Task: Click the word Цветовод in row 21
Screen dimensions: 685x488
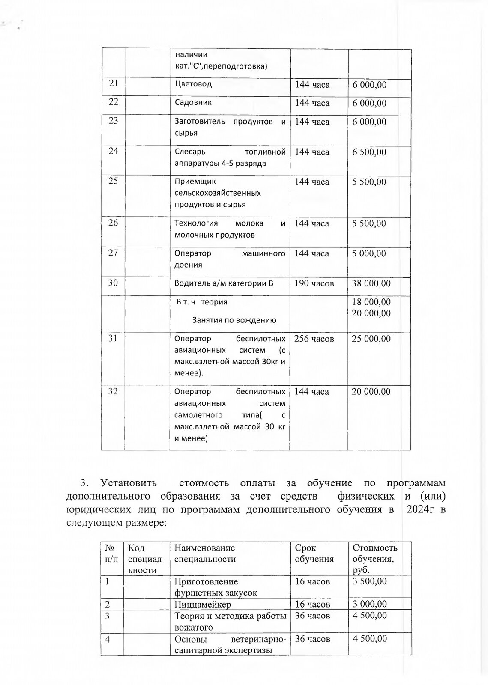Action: point(193,84)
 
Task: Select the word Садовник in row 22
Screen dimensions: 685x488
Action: point(193,103)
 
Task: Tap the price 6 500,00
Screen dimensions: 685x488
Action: point(369,152)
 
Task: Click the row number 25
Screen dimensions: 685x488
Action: point(113,181)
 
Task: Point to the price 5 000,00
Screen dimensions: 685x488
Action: point(369,254)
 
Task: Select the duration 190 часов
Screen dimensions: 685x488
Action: point(314,283)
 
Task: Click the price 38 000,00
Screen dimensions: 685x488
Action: point(371,283)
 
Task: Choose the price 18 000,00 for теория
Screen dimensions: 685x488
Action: point(371,302)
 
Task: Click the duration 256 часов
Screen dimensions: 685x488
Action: point(314,339)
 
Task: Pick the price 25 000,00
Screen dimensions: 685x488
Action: point(371,339)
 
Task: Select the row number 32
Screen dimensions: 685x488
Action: point(113,391)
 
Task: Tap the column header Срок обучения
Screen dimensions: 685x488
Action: point(314,553)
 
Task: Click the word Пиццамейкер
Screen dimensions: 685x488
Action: point(203,605)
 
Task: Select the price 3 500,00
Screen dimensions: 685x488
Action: point(369,581)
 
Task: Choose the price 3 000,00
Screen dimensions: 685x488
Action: point(369,604)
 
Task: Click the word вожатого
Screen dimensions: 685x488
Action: point(194,628)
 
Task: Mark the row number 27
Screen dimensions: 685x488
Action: point(113,253)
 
